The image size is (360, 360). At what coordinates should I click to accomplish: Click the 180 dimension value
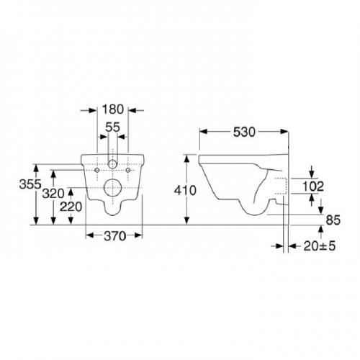pyautogui.click(x=113, y=109)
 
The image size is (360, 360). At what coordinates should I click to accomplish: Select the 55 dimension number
pyautogui.click(x=112, y=127)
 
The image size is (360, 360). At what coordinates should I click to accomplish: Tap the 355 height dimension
pyautogui.click(x=30, y=184)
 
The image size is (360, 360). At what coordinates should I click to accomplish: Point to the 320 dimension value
pyautogui.click(x=53, y=194)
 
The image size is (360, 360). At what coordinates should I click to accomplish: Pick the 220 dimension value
pyautogui.click(x=71, y=207)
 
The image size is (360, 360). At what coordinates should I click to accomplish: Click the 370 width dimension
pyautogui.click(x=114, y=236)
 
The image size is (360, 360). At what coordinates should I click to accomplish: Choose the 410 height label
pyautogui.click(x=185, y=191)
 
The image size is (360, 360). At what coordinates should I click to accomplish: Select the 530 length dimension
pyautogui.click(x=244, y=132)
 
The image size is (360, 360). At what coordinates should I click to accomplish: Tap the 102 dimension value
pyautogui.click(x=313, y=186)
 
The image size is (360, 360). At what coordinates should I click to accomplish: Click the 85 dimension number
pyautogui.click(x=333, y=220)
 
